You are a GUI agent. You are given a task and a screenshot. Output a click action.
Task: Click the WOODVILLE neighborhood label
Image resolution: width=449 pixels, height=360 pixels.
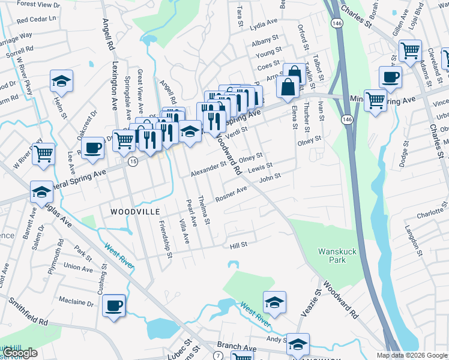coord(135,212)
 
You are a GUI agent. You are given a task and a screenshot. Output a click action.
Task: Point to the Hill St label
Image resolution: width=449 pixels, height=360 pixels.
coord(238,245)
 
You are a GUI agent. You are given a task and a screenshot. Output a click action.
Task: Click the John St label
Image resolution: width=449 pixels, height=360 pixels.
coord(270,178)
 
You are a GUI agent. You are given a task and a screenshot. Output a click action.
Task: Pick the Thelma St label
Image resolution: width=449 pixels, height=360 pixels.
coord(205,210)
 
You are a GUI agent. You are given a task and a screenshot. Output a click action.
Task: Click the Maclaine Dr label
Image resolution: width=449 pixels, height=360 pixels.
coord(77,302)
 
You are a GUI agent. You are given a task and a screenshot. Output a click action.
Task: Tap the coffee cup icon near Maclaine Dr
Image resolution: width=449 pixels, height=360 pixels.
coord(113,305)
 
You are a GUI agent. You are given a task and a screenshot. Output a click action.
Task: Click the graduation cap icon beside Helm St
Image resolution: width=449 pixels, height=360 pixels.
coord(61,81)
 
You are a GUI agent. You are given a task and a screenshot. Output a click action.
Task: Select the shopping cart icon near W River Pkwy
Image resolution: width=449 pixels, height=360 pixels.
coord(43,154)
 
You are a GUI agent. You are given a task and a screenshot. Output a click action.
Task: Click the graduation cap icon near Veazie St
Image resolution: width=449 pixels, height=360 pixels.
coord(274,302)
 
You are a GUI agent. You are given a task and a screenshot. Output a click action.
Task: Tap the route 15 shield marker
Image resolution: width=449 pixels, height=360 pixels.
coord(133,162)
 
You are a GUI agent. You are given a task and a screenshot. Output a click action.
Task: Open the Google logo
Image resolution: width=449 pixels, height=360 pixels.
coord(20,353)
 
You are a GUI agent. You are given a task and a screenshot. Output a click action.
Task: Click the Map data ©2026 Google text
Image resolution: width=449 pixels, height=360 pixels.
coord(411,355)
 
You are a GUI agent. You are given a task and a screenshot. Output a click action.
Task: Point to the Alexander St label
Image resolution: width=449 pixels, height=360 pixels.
coord(208,169)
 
